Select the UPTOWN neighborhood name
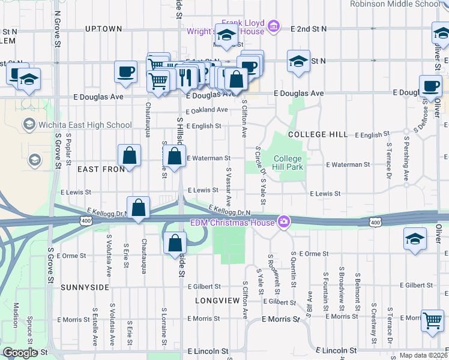(103, 29)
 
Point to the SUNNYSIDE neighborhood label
(85, 287)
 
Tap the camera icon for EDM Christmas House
(283, 223)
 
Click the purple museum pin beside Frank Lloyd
(274, 26)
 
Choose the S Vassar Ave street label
(229, 185)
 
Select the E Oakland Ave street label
(207, 110)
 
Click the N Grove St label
(58, 28)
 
